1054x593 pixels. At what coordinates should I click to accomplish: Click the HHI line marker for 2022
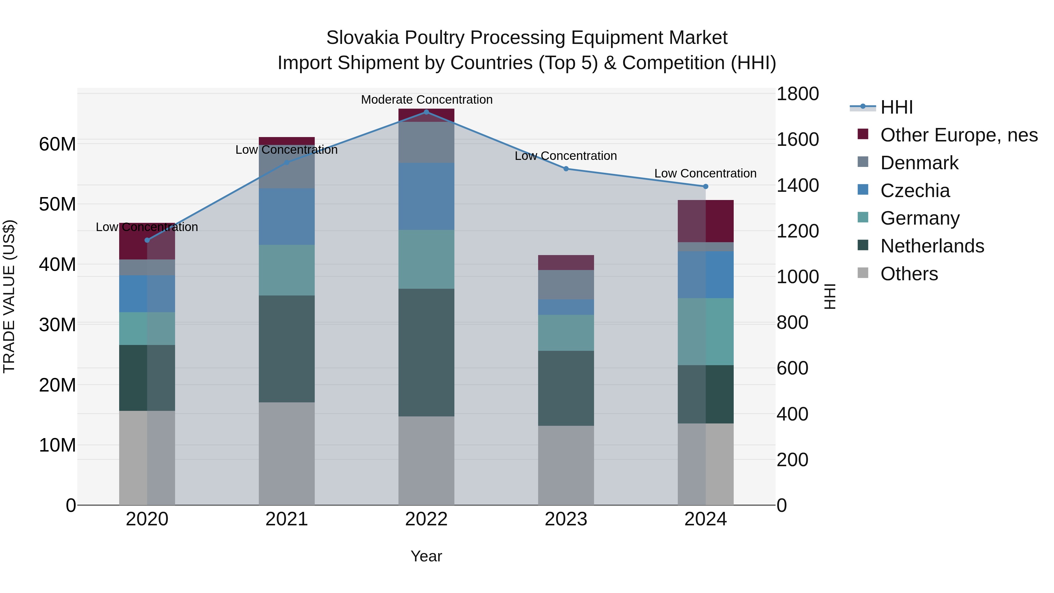click(426, 112)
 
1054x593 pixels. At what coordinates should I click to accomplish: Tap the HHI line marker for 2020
click(147, 240)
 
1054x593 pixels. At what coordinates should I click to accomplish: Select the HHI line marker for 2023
click(566, 169)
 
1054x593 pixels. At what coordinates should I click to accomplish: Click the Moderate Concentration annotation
click(426, 100)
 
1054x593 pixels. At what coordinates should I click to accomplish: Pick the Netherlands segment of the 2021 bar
click(286, 349)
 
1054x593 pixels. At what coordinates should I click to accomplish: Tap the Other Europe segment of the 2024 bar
click(705, 221)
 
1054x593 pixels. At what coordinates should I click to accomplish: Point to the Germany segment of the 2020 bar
click(147, 328)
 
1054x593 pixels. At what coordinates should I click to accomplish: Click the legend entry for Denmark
click(919, 163)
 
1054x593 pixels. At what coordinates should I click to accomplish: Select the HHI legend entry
click(896, 107)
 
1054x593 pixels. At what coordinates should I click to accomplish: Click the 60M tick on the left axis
click(57, 144)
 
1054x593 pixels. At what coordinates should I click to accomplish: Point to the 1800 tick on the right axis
click(797, 94)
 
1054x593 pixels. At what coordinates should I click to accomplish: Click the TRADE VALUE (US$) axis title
click(9, 296)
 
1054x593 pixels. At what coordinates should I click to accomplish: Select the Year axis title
click(426, 556)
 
